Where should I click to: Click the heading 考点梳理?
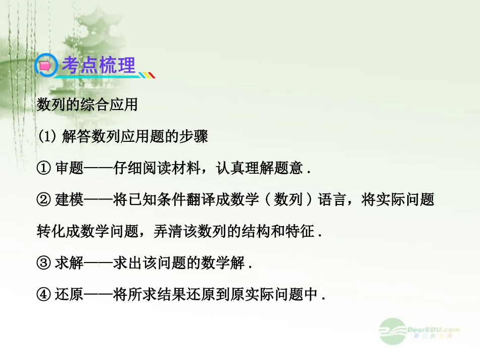(x=99, y=66)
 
